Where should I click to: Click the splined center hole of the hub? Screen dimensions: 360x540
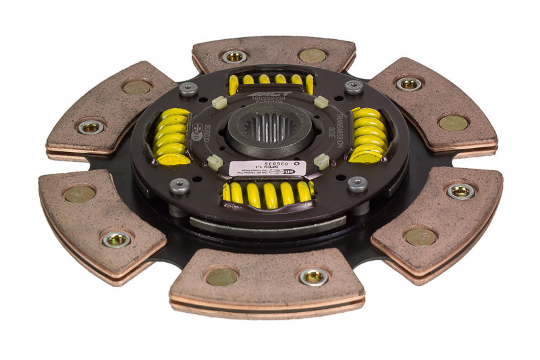point(269,126)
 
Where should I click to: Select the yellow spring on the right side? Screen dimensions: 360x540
point(369,135)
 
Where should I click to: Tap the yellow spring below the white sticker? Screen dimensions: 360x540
point(269,194)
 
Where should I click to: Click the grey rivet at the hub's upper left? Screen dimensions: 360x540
point(188,88)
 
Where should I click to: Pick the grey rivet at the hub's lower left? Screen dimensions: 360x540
point(180,186)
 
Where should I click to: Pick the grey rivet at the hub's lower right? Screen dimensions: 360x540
point(358,184)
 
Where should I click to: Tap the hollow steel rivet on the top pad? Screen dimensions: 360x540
point(234,56)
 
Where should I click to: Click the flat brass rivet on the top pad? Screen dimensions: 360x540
point(312,55)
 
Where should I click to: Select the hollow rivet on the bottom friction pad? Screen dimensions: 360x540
point(314,276)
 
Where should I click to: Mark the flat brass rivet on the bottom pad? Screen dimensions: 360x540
point(222,276)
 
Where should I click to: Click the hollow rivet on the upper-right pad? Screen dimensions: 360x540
point(409,84)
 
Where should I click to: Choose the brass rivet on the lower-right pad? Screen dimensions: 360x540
point(421,236)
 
